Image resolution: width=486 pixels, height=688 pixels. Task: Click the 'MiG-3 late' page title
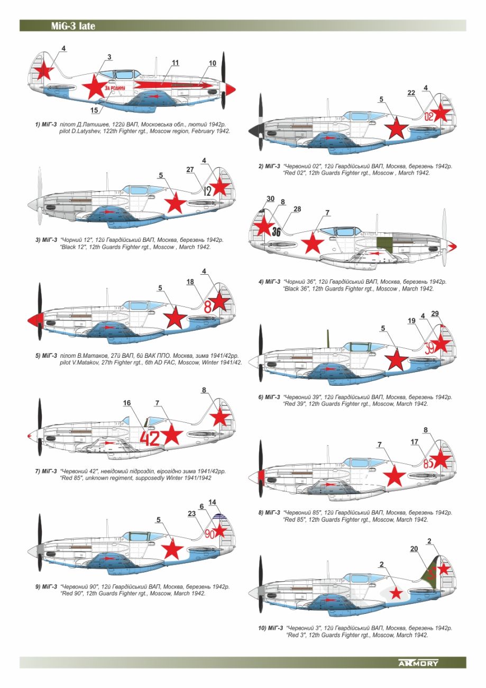pos(73,26)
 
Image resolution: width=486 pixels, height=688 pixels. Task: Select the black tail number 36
pos(276,231)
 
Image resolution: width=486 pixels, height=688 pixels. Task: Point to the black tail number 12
pos(207,191)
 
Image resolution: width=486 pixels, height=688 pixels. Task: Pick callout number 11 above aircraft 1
pos(175,62)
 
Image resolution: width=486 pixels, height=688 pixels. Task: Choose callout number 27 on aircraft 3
pos(191,169)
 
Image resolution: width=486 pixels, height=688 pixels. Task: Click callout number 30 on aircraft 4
pos(270,198)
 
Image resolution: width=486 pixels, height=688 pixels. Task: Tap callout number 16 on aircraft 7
pos(127,403)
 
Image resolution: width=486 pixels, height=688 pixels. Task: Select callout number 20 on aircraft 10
pos(414,549)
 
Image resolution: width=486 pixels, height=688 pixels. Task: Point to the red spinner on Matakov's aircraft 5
pos(32,319)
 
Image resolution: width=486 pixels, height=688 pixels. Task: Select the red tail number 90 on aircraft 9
pos(209,533)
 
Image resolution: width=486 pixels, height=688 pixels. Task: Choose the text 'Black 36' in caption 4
pos(297,289)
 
